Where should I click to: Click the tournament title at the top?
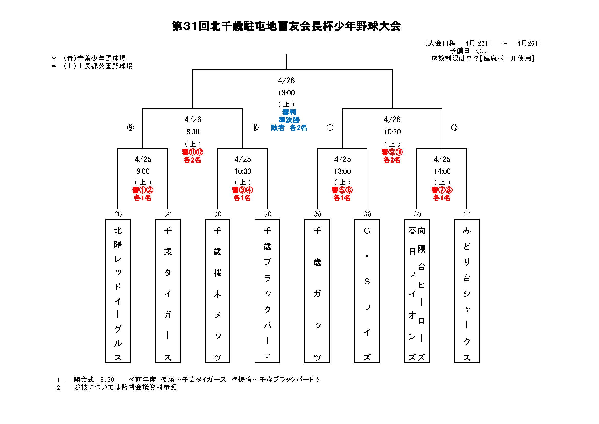286,26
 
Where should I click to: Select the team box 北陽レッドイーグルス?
118,291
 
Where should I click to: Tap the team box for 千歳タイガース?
167,291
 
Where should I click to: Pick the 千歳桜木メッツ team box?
217,291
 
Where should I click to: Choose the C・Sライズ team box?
367,291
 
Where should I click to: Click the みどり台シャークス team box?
466,291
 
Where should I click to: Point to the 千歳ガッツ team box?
317,291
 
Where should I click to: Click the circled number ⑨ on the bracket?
130,127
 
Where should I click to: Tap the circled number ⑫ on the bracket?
455,127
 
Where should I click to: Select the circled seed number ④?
268,214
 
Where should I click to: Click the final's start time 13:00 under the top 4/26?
286,93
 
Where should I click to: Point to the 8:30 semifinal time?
193,132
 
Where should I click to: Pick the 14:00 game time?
442,171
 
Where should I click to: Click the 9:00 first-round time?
143,171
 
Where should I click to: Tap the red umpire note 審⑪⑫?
193,152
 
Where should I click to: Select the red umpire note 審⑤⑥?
342,190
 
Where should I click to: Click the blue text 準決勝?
289,120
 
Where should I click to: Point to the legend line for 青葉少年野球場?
94,58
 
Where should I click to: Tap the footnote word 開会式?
83,379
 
